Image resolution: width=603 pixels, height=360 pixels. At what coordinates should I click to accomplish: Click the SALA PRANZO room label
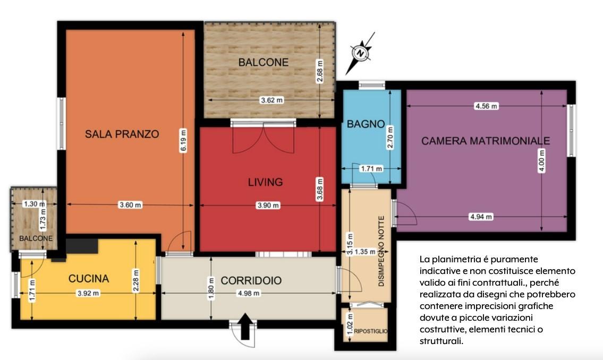[122, 134]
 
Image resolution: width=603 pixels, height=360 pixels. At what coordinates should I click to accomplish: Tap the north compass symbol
[360, 53]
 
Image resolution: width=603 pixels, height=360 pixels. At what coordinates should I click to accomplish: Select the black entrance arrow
[246, 326]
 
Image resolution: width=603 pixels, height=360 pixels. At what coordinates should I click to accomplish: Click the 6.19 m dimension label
[183, 141]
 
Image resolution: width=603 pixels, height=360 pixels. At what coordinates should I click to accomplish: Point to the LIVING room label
[265, 182]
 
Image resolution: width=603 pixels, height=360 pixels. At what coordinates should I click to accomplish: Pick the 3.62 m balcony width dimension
[272, 100]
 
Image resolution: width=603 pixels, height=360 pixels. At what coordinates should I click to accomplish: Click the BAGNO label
[366, 124]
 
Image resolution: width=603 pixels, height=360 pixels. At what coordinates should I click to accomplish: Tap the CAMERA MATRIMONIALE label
[486, 141]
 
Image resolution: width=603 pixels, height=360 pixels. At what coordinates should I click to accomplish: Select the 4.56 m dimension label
[486, 106]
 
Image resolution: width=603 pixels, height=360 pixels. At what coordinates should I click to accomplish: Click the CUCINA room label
[88, 279]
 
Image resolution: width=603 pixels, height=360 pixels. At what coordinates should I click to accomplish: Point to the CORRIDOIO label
[251, 280]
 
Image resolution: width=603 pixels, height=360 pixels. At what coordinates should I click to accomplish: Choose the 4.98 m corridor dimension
[249, 294]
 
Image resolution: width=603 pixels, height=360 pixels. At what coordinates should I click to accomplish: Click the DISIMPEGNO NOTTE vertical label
[381, 251]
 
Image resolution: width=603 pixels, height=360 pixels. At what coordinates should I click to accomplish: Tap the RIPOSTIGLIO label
[371, 331]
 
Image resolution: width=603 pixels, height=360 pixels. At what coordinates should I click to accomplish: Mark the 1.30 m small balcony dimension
[34, 204]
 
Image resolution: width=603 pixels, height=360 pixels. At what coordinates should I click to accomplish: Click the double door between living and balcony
[264, 138]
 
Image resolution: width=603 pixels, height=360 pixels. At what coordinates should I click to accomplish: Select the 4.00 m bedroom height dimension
[541, 160]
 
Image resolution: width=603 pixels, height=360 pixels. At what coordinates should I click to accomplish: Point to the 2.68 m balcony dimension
[320, 71]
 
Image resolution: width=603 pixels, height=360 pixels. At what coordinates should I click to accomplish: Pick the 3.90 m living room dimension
[268, 205]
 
